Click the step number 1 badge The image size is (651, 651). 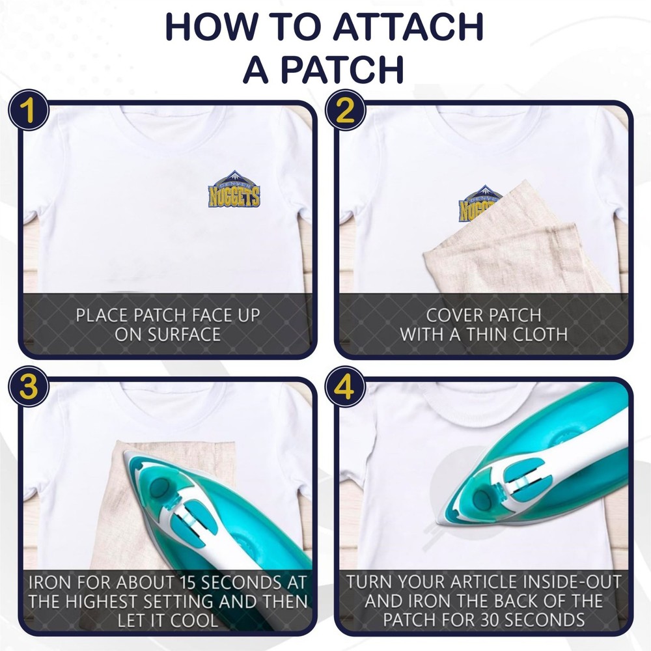pos(29,110)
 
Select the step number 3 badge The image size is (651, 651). pos(29,387)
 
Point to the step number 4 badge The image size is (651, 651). pos(344,387)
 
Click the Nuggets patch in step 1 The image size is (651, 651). pos(234,189)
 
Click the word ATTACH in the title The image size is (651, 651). pos(408,27)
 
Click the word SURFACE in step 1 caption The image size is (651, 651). pos(168,335)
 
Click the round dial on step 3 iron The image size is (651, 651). pos(159,487)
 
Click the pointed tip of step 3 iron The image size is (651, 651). pos(124,452)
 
